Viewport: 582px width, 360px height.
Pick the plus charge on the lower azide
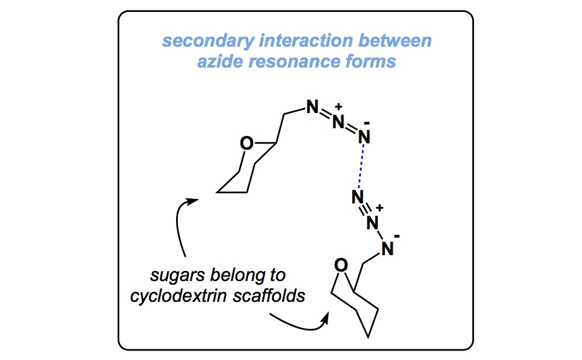click(x=380, y=208)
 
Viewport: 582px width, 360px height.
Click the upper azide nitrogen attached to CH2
click(x=311, y=107)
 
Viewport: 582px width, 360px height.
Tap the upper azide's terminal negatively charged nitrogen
click(x=365, y=135)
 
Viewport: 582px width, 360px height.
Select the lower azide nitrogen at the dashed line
click(x=357, y=198)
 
